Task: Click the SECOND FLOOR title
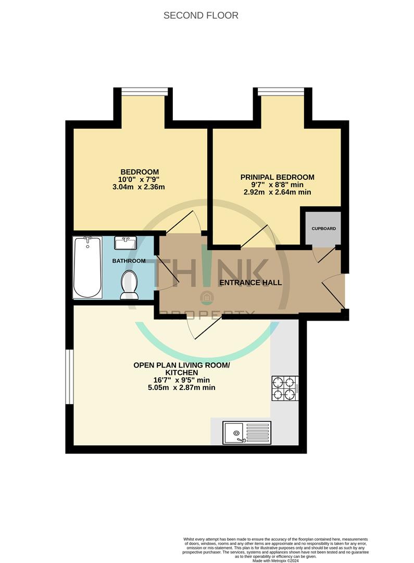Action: coord(201,16)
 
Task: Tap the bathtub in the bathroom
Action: coord(87,267)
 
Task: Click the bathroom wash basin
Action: coord(126,243)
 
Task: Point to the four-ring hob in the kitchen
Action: coord(284,388)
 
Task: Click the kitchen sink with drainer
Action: coord(247,433)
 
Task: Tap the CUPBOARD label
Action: coord(323,229)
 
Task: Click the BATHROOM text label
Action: coord(129,261)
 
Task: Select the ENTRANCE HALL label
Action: coord(250,283)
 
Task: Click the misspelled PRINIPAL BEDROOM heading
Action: coord(277,177)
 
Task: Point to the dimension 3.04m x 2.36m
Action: coord(140,187)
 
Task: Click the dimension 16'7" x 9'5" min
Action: coord(181,380)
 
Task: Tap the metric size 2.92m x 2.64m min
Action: coord(277,192)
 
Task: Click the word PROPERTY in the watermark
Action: coord(208,314)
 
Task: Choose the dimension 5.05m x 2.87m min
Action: coord(181,387)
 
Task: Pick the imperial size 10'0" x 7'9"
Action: coord(140,180)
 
